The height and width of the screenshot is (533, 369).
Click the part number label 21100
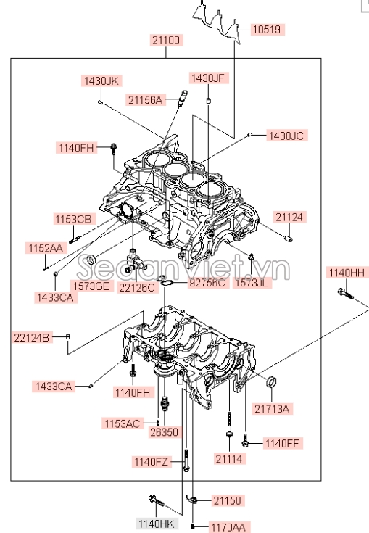(x=167, y=40)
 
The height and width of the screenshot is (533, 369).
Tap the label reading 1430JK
(x=100, y=80)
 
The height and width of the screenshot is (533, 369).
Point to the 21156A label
(x=146, y=99)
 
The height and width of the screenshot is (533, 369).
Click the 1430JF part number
(x=209, y=78)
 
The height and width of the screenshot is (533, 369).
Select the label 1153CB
(x=73, y=219)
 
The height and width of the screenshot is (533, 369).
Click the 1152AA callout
(x=46, y=248)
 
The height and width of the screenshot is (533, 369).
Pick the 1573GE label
(x=91, y=285)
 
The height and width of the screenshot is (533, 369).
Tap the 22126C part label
(x=138, y=288)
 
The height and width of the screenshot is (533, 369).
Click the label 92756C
(x=207, y=283)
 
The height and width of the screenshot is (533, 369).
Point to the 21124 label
(x=290, y=217)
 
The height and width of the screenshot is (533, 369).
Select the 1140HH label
(x=347, y=272)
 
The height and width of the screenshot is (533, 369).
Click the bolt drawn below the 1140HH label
(x=344, y=294)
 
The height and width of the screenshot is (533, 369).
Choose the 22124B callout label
(x=32, y=336)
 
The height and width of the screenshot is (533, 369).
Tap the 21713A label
(x=272, y=409)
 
